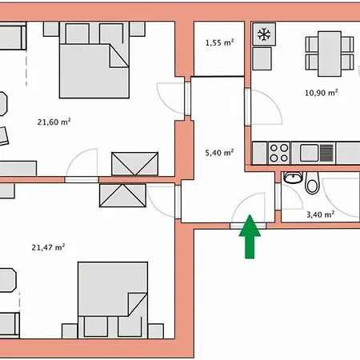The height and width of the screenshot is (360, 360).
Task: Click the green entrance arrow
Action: [250, 237]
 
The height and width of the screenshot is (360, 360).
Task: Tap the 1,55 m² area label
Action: [219, 42]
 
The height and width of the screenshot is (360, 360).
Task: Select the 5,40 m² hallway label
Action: [219, 153]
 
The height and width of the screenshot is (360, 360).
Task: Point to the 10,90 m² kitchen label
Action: [321, 93]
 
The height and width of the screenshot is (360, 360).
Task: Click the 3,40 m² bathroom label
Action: [320, 214]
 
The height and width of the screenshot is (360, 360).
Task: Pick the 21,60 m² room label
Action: [54, 122]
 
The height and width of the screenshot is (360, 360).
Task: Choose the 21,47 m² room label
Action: [48, 247]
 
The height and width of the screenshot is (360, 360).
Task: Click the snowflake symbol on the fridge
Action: [264, 34]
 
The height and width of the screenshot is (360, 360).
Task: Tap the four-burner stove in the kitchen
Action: [279, 153]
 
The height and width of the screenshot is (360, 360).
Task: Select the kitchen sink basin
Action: [310, 153]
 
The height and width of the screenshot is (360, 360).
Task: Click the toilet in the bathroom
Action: [312, 182]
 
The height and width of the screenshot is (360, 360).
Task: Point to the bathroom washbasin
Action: [293, 178]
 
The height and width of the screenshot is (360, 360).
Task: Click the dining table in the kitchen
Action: [330, 54]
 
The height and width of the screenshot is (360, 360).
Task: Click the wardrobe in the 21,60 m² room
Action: [135, 164]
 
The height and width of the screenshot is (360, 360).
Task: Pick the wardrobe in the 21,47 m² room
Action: [122, 195]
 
